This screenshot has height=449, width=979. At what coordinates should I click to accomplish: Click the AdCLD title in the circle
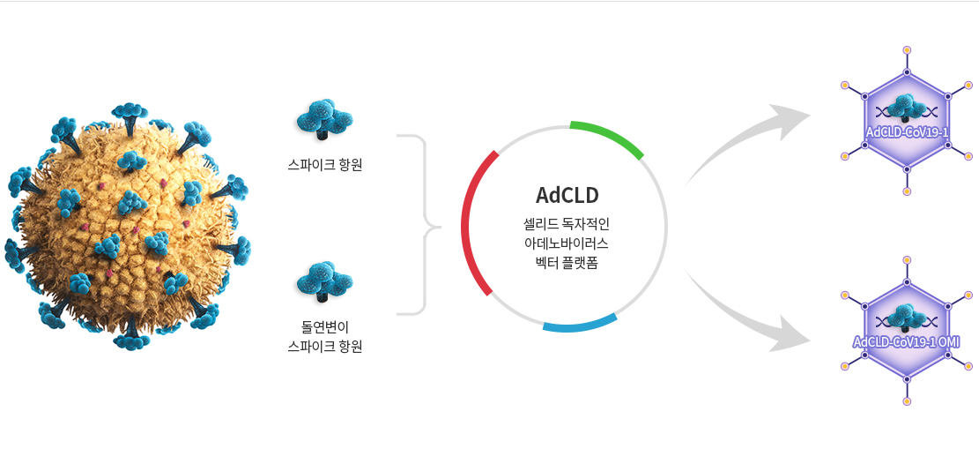[567, 195]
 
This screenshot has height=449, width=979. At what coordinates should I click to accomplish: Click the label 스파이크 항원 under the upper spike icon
[324, 166]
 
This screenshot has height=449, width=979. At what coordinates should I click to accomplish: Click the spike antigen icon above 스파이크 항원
[324, 119]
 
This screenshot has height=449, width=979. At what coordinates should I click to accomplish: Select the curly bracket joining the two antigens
[426, 224]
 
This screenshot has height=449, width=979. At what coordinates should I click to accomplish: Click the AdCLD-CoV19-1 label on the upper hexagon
[907, 132]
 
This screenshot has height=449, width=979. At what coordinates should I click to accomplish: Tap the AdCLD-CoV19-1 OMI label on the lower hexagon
[907, 342]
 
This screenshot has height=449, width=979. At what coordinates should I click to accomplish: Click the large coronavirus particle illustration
[128, 225]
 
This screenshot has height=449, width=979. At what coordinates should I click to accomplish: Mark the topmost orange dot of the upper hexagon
[907, 49]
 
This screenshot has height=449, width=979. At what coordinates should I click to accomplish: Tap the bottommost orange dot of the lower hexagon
[907, 400]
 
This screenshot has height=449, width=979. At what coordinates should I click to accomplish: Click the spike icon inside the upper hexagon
[907, 108]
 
